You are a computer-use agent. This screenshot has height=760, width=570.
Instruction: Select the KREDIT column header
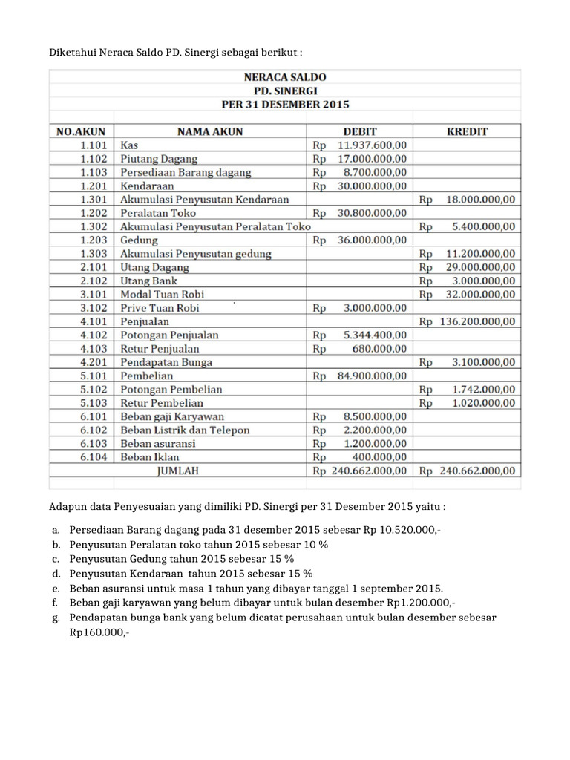pos(468,131)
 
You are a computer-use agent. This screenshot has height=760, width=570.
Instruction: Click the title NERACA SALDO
pos(285,77)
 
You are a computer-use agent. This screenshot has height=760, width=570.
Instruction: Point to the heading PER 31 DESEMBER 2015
pos(285,105)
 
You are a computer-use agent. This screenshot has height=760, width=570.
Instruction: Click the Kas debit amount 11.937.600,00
pos(372,145)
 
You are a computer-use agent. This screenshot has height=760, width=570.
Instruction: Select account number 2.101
pos(94,267)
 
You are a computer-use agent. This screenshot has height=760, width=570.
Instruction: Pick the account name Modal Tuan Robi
pos(154,295)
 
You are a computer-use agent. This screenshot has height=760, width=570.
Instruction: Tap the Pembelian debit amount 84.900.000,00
pos(372,376)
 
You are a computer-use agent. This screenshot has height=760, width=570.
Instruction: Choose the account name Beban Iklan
pos(148,457)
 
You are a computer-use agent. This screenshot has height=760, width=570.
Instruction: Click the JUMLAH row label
pos(176,471)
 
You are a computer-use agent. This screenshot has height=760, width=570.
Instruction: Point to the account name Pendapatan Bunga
pos(166,362)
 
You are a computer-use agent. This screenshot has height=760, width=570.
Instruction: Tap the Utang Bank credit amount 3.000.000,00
pos(484,281)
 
